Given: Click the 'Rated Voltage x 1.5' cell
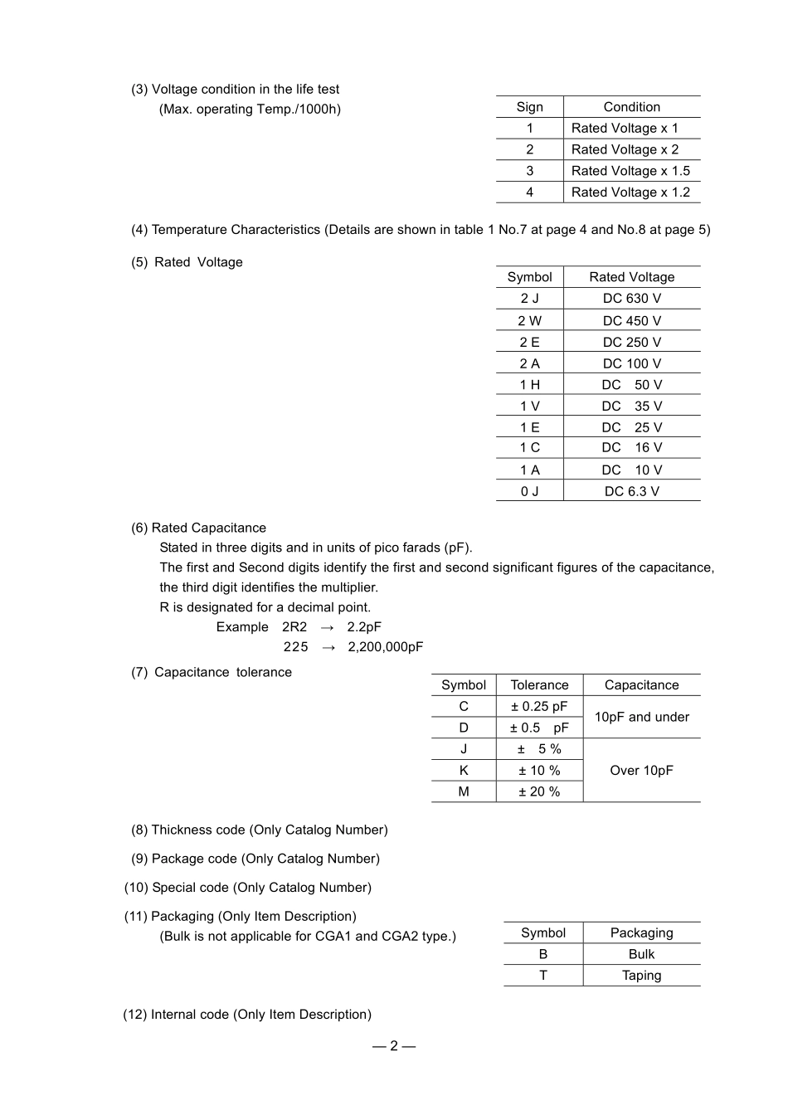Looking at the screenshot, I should (630, 171).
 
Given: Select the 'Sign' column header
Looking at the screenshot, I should (529, 107).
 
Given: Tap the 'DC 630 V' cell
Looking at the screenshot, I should (631, 299).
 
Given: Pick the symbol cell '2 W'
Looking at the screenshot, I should (529, 321).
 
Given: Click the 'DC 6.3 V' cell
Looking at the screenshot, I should (631, 491).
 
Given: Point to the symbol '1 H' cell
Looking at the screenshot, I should (529, 385).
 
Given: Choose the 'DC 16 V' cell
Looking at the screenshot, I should (631, 448).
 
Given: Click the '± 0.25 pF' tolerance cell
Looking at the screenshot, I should (539, 707).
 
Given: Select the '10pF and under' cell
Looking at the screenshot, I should (641, 717).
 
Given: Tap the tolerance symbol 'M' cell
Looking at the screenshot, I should (464, 791).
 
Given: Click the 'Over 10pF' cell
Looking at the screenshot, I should (641, 770).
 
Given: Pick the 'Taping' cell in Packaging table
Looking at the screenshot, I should (641, 976).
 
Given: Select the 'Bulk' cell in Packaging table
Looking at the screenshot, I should (641, 954).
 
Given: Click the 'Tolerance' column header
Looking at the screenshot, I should (539, 685).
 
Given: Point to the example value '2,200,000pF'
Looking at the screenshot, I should (385, 647).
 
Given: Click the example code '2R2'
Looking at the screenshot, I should (294, 627).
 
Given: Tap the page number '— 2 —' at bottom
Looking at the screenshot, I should (394, 1045).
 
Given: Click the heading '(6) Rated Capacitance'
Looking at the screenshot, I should (198, 528).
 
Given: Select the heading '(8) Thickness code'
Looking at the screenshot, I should (259, 830).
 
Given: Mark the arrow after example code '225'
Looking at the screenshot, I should (328, 647).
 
